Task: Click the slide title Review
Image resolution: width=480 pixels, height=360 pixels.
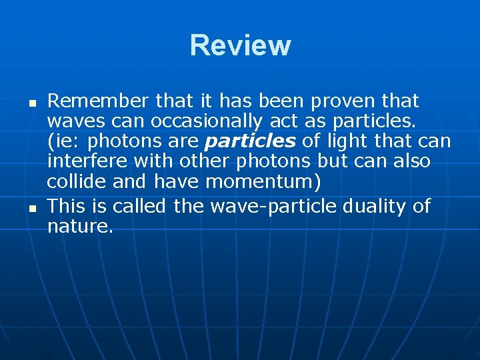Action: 240,45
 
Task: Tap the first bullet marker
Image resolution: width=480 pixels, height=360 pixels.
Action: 31,104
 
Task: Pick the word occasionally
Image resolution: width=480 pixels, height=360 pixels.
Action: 206,122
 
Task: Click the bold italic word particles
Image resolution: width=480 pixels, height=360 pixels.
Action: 250,142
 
